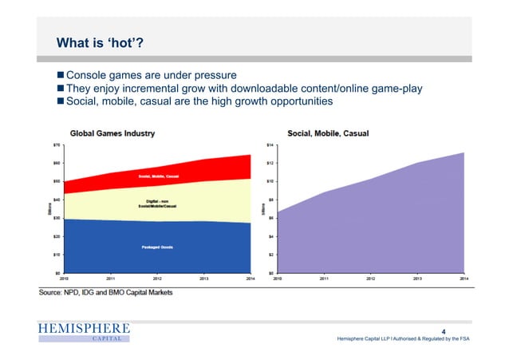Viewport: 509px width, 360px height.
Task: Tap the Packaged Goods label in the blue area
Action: click(x=158, y=247)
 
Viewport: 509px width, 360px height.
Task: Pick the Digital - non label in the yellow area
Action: click(x=156, y=203)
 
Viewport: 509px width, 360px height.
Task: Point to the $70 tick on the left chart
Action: click(x=57, y=144)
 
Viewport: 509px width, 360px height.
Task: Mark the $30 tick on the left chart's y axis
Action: click(x=57, y=218)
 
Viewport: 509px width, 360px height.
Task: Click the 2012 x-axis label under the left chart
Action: click(x=158, y=279)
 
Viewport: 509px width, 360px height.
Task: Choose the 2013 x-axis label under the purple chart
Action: click(x=417, y=279)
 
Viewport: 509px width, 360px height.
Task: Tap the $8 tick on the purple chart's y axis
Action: click(x=270, y=200)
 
